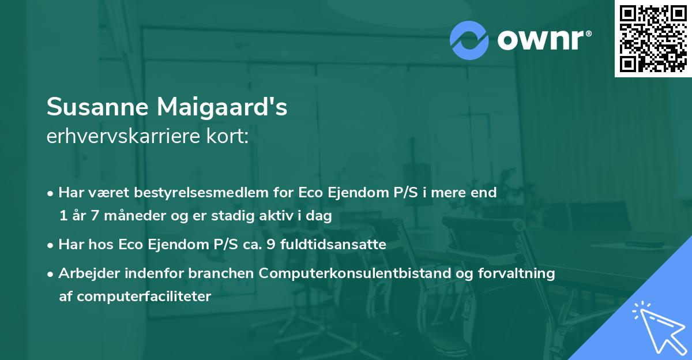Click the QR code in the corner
click(x=653, y=39)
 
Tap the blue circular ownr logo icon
click(x=469, y=40)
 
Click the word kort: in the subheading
click(x=230, y=137)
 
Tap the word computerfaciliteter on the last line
click(x=135, y=297)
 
